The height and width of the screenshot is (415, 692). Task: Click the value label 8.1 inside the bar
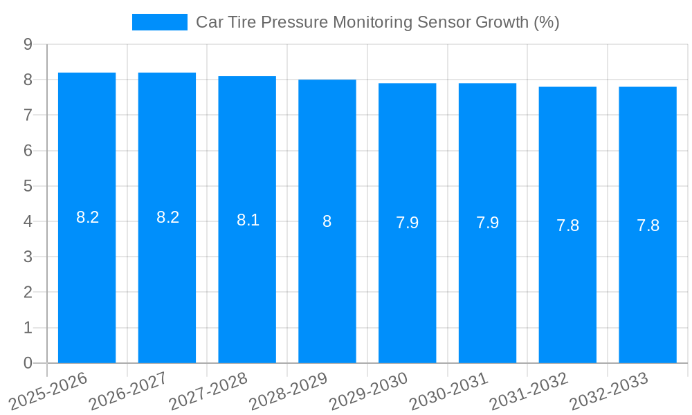pos(248,221)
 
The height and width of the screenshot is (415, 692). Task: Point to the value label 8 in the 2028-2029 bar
pos(327,222)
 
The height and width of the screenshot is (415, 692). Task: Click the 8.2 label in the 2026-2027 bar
pos(167,217)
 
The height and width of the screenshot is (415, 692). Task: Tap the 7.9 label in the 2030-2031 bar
pos(487,223)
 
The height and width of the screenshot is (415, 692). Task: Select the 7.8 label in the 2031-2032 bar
pos(567,225)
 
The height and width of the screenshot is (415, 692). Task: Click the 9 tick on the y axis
pos(28,44)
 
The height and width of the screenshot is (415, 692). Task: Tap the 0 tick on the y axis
pos(28,363)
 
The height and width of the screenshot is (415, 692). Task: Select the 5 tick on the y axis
pos(28,186)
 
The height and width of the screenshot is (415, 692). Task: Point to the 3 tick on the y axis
pos(28,257)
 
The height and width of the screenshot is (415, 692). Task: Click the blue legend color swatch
pos(159,22)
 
